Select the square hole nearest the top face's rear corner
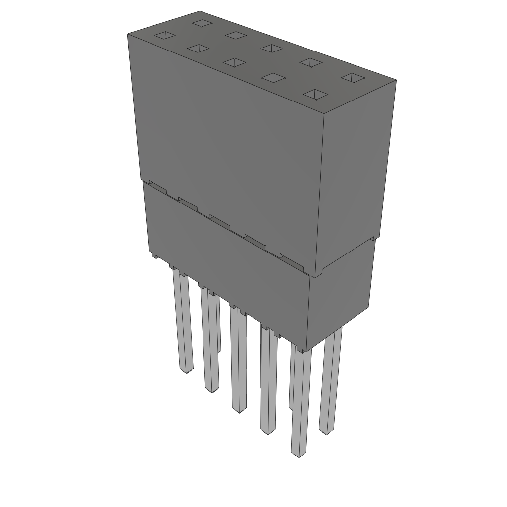202,23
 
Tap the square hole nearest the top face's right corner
353,78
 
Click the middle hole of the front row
235,62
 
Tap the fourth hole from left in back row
311,62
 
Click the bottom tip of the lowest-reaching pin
298,455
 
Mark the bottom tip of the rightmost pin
326,432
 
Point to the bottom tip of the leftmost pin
186,371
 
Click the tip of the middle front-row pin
239,410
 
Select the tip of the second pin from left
211,390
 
